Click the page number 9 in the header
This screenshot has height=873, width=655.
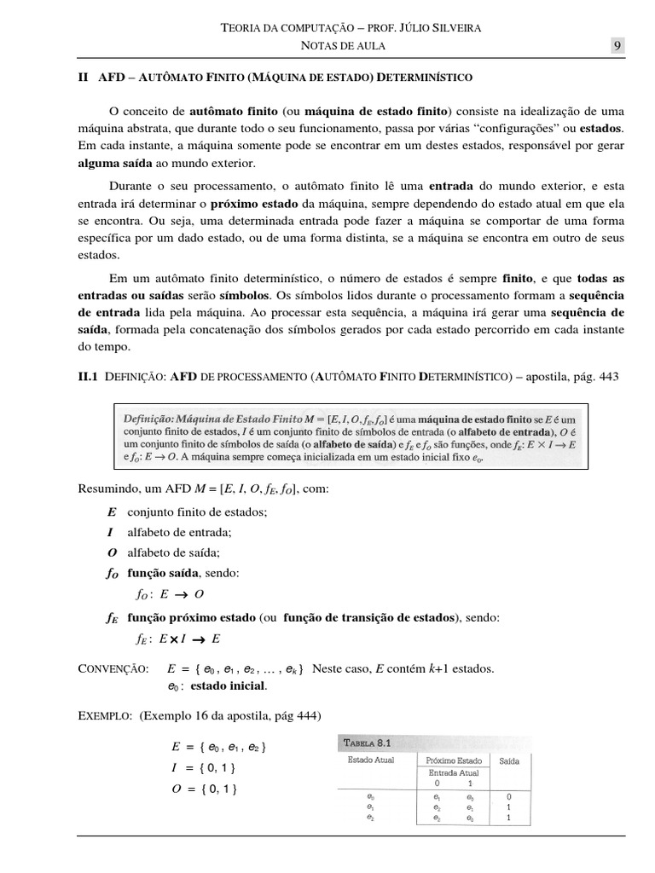tap(616, 45)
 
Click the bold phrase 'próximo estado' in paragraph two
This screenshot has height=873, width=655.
tap(248, 203)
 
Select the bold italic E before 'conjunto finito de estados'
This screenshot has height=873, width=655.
tap(111, 512)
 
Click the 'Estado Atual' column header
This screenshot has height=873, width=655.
tap(371, 760)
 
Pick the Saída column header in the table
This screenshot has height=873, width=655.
tap(508, 760)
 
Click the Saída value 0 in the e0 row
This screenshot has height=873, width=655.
tap(508, 796)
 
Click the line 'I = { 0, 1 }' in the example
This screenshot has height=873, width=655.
tap(204, 767)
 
